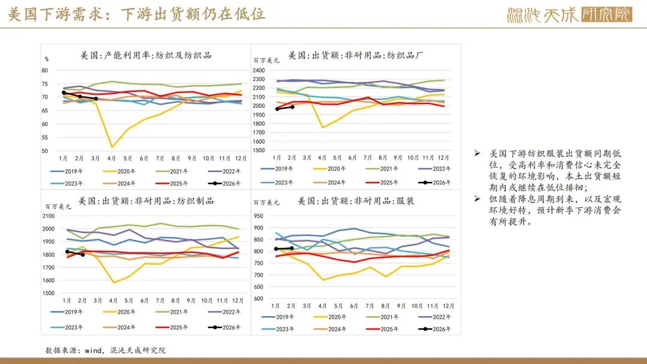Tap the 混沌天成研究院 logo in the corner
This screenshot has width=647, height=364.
click(569, 14)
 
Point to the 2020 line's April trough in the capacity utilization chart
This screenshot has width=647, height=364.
click(112, 147)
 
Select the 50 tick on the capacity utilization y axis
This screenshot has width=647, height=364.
click(44, 151)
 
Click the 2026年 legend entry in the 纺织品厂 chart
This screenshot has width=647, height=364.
click(435, 182)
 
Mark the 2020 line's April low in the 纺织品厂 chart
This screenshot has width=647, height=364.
click(323, 127)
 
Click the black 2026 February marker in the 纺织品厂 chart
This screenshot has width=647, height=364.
click(292, 107)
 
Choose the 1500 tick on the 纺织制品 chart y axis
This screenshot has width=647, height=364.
click(49, 293)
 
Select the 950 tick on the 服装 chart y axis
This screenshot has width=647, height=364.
click(258, 216)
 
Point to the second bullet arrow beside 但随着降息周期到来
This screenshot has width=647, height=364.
click(477, 199)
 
